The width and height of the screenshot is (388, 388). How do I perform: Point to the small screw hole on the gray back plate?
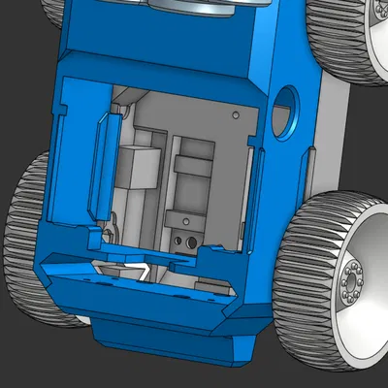click(236, 113)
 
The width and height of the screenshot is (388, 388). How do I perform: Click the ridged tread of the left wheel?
click(26, 242)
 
